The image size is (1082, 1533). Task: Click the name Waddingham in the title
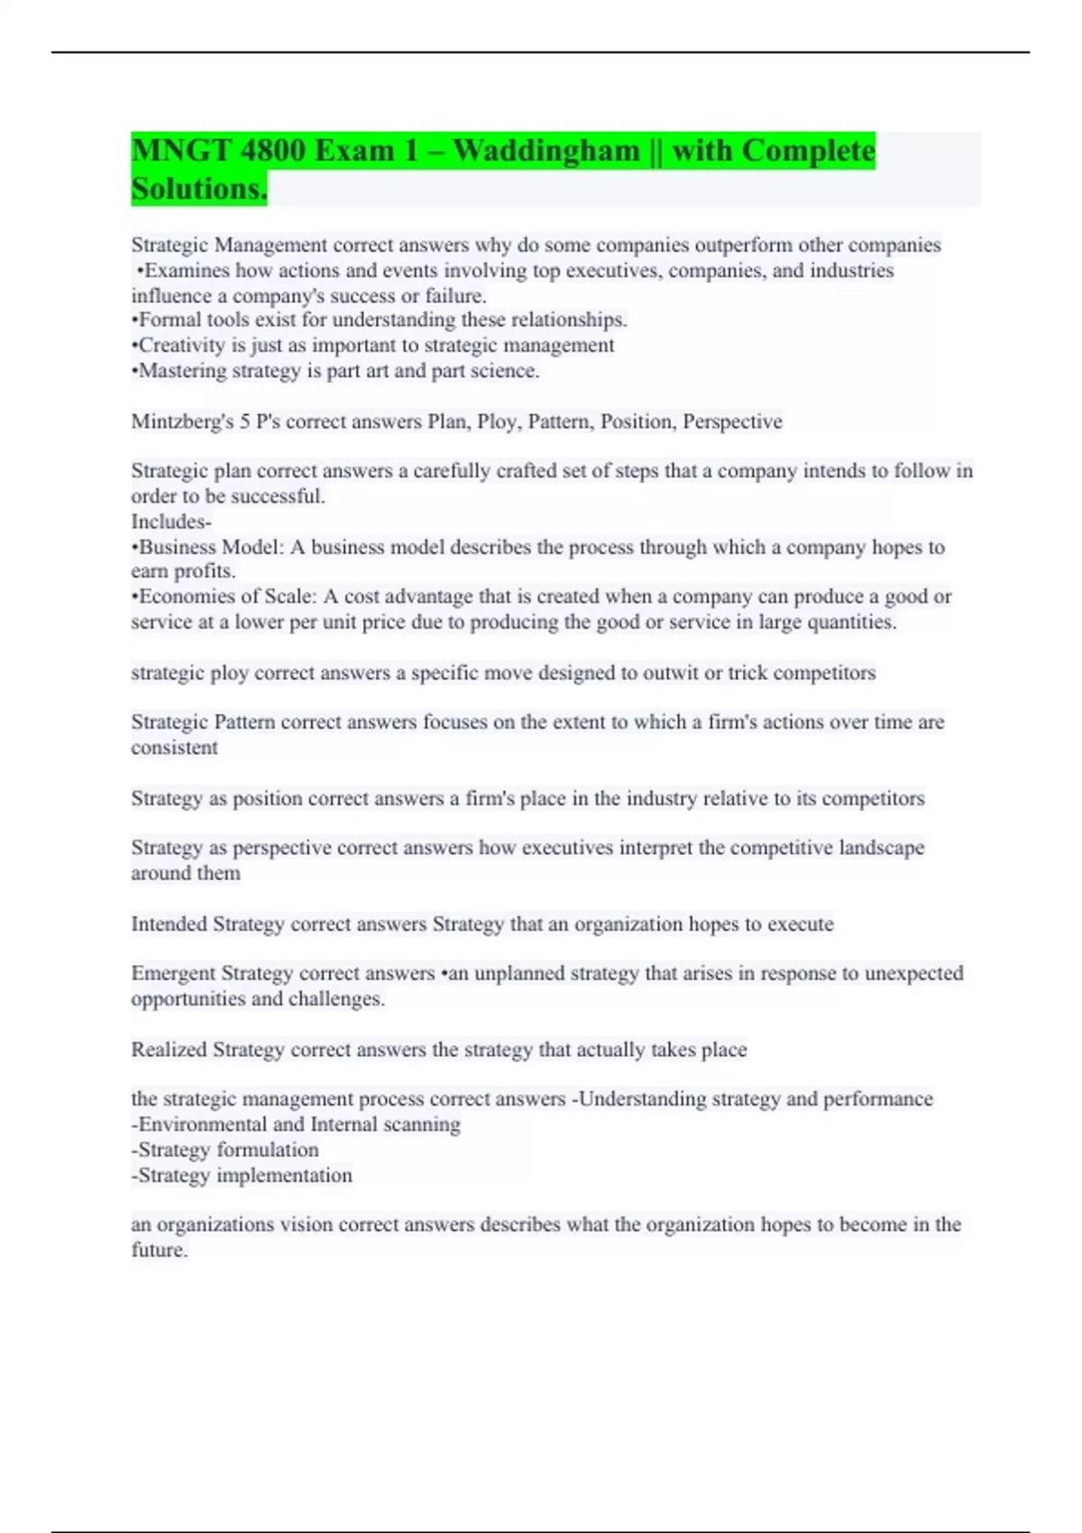tap(546, 150)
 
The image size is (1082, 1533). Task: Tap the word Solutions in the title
tap(198, 188)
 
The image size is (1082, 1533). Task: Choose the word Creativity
tap(182, 345)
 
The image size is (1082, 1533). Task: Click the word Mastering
tap(182, 371)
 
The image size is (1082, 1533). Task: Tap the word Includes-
tap(171, 521)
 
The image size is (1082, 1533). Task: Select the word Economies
tap(186, 597)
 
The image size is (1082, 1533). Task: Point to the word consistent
tap(174, 748)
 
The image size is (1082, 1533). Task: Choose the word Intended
tap(169, 924)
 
